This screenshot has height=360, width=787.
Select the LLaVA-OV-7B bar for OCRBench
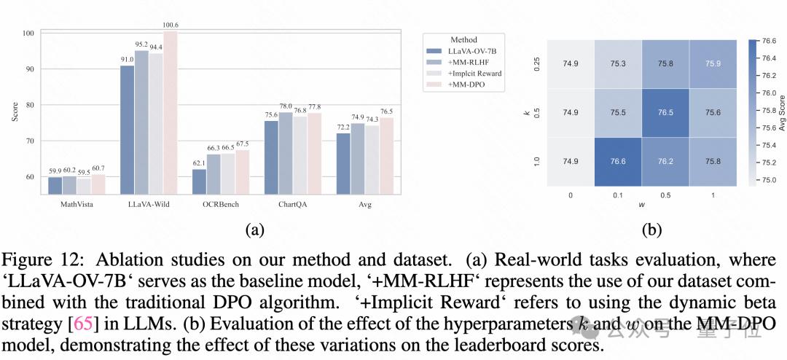pos(199,182)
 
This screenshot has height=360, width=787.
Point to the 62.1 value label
pos(199,163)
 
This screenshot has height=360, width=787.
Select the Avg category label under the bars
pos(365,205)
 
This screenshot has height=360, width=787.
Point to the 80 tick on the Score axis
pos(28,105)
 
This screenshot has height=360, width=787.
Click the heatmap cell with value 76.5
pos(664,112)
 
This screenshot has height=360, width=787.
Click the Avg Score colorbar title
pos(782,113)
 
